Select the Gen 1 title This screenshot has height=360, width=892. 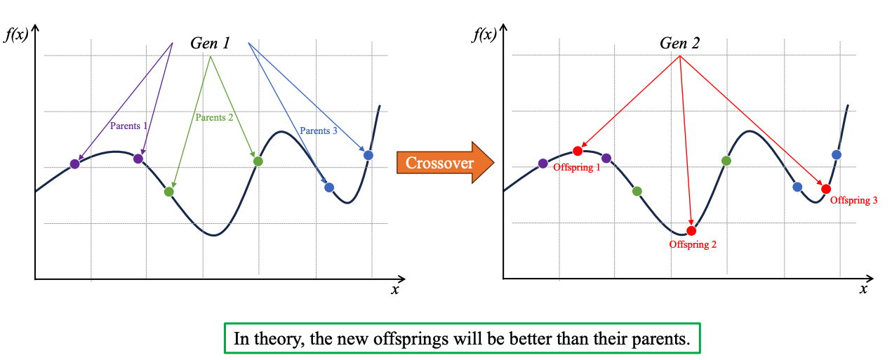[210, 43]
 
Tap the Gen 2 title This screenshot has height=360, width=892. [679, 43]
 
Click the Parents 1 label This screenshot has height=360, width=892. [129, 126]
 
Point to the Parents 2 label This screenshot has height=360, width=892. [214, 117]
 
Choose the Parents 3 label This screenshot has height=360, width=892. [319, 131]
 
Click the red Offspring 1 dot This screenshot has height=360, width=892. [578, 151]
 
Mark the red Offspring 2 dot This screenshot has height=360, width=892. [691, 231]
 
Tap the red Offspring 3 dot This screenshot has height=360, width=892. [826, 189]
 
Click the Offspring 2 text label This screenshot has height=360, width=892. [693, 245]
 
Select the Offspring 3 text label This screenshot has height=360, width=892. [854, 201]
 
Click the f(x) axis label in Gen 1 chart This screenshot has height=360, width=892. [16, 34]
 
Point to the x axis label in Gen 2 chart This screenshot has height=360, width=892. [863, 289]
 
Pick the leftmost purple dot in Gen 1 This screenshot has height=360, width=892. [75, 164]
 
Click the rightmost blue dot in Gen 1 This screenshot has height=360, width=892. [368, 155]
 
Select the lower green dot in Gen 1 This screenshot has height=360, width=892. [168, 192]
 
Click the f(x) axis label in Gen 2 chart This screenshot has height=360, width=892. [485, 34]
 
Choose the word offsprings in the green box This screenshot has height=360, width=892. [401, 340]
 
